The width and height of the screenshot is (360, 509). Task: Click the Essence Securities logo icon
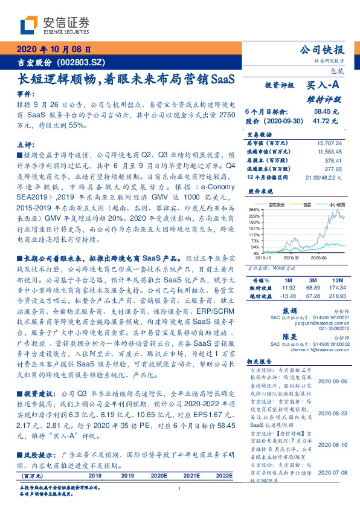[x=31, y=24]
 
